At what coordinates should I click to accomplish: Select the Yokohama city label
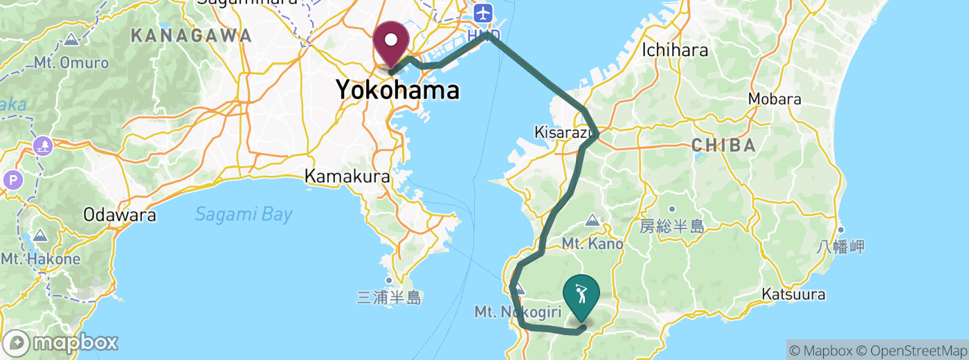[x=397, y=90]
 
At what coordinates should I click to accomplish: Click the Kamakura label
[x=347, y=177]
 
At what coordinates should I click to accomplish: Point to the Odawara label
[x=119, y=215]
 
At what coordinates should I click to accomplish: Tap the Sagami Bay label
[x=244, y=215]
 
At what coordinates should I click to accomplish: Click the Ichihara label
[x=675, y=50]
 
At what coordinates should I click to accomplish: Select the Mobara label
[x=775, y=99]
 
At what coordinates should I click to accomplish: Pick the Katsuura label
[x=793, y=295]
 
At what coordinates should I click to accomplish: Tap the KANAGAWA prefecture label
[x=191, y=36]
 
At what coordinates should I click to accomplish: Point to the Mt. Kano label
[x=592, y=244]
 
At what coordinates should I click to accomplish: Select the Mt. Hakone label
[x=40, y=260]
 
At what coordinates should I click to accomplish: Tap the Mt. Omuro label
[x=72, y=63]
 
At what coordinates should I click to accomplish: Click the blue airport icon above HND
[x=482, y=12]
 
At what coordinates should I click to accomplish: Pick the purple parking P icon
[x=12, y=181]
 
